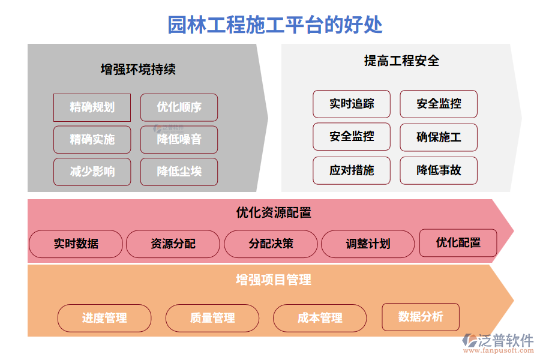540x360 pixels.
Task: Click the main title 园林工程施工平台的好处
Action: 275,25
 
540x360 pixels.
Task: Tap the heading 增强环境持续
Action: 138,70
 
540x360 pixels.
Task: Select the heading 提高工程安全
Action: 401,60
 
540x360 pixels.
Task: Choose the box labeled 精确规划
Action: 92,107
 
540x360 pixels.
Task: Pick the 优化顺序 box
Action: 179,107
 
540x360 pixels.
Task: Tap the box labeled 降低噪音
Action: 179,139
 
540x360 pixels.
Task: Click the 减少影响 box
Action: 92,172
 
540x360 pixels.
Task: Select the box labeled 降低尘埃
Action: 179,172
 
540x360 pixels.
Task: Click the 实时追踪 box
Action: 352,104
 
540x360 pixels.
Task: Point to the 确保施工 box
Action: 439,137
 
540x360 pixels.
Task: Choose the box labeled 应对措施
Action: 352,170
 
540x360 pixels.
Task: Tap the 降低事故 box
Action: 439,170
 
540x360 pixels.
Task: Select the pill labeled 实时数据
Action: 76,244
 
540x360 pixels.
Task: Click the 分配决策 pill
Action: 271,244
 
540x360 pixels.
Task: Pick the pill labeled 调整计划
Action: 368,244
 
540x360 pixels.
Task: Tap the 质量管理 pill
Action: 212,318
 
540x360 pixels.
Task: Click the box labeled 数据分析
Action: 421,317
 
